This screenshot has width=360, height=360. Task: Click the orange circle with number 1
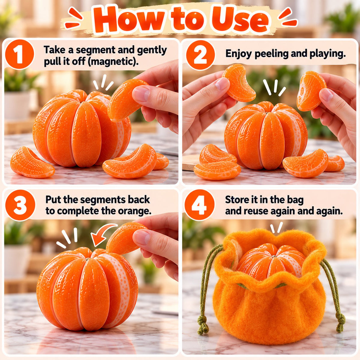[19, 54]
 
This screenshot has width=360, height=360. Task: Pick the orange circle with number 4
[199, 205]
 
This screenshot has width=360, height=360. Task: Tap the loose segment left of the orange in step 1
[32, 162]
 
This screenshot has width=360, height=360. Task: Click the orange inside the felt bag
[271, 262]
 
